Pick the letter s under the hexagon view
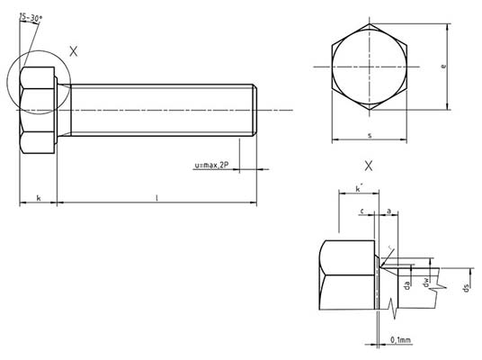tap(370, 134)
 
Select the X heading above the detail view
tap(369, 166)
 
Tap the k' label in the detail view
tap(358, 189)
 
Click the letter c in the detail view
tap(361, 211)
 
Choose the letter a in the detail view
tap(388, 211)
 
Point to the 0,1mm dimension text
tap(401, 339)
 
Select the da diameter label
tap(407, 285)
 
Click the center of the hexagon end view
tap(370, 67)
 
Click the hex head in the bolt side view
tap(38, 110)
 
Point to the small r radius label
tap(389, 249)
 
